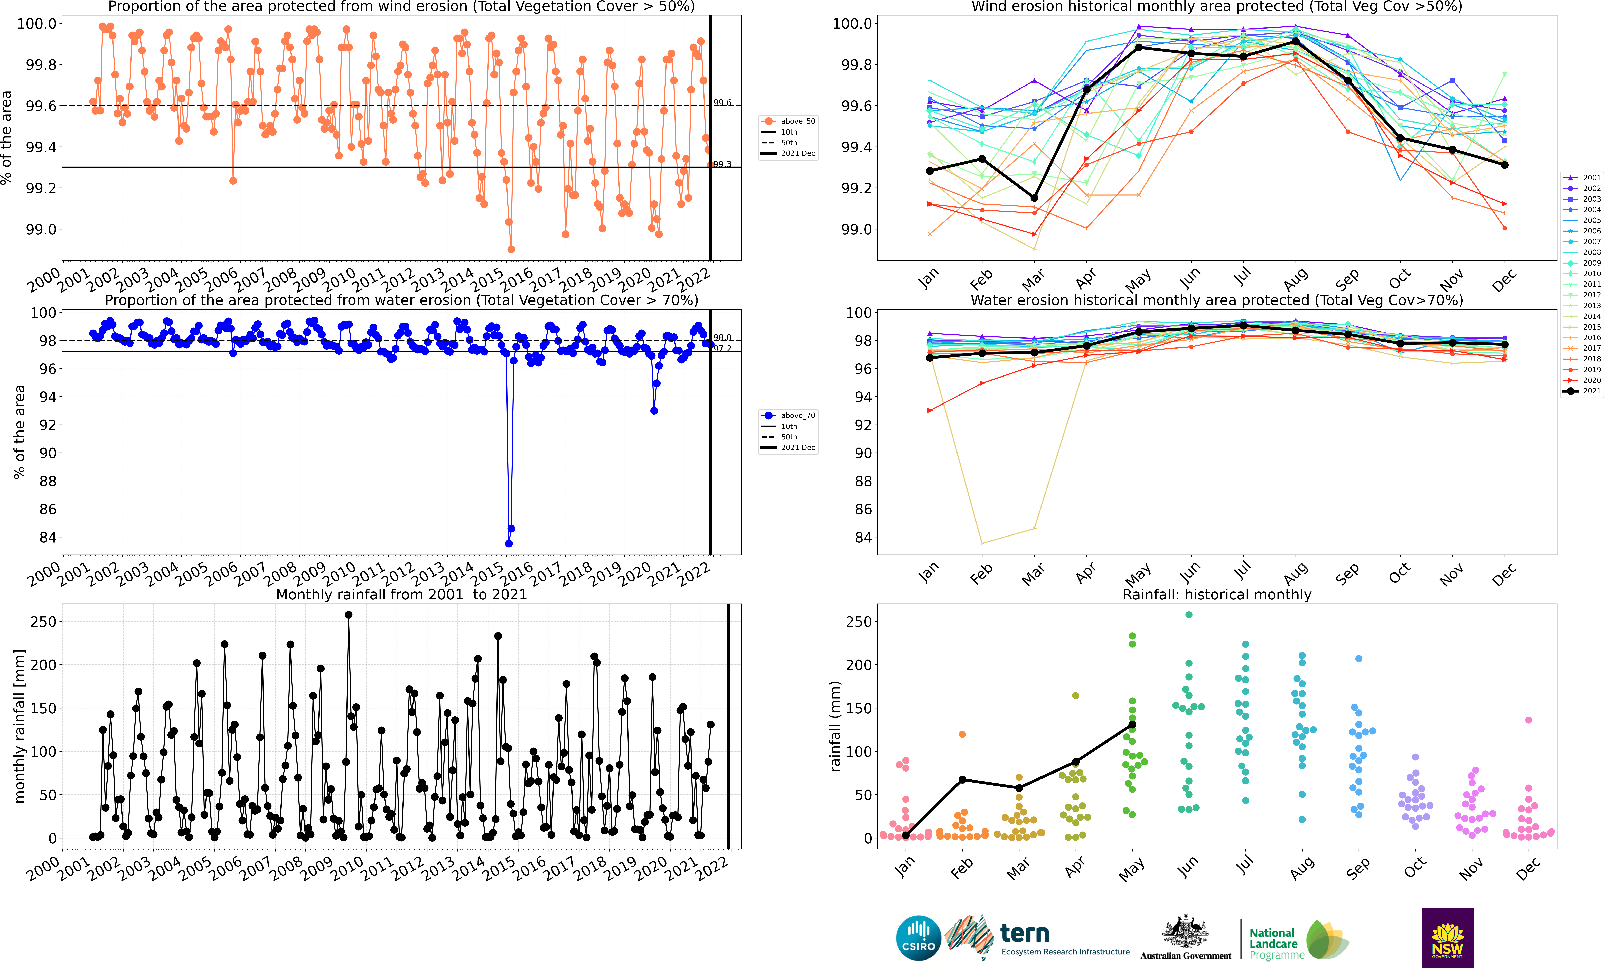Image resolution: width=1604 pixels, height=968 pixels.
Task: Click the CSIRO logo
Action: (x=918, y=938)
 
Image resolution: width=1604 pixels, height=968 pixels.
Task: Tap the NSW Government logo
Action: (x=1447, y=938)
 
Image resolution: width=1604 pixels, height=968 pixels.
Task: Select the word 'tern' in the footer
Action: (x=1025, y=934)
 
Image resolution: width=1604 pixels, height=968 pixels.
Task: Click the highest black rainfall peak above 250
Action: (x=348, y=615)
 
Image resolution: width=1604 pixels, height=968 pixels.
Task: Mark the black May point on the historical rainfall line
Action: (x=1132, y=725)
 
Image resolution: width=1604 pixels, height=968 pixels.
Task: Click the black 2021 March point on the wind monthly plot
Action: (x=1034, y=198)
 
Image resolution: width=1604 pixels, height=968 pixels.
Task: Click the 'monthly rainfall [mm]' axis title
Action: (x=20, y=726)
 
